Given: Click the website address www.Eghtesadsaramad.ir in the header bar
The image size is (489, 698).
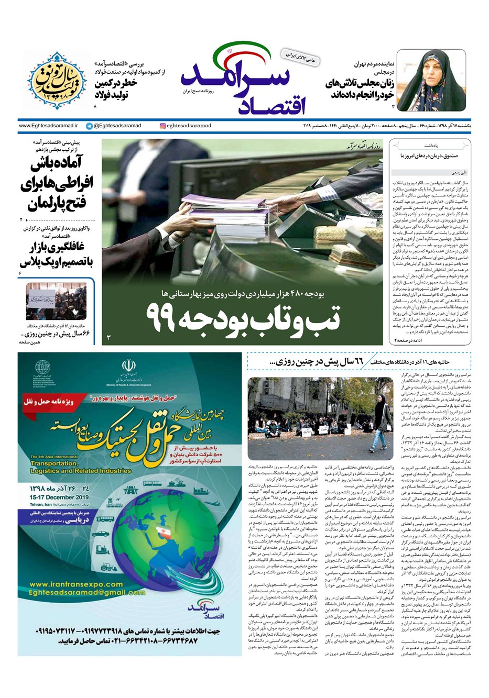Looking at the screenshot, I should pos(48,126).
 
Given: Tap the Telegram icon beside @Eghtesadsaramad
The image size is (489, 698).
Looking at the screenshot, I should pos(90,126).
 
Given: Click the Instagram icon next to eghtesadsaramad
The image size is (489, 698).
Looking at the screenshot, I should pos(163,126).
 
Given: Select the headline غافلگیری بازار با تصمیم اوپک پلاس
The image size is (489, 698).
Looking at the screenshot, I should pos(58,254).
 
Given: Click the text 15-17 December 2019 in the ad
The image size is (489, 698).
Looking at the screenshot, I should pos(59,497).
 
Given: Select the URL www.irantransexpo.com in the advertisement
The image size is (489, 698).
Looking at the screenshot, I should pos(77,584).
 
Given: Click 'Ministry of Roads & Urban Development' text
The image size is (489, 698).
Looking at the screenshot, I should pos(129,385).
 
